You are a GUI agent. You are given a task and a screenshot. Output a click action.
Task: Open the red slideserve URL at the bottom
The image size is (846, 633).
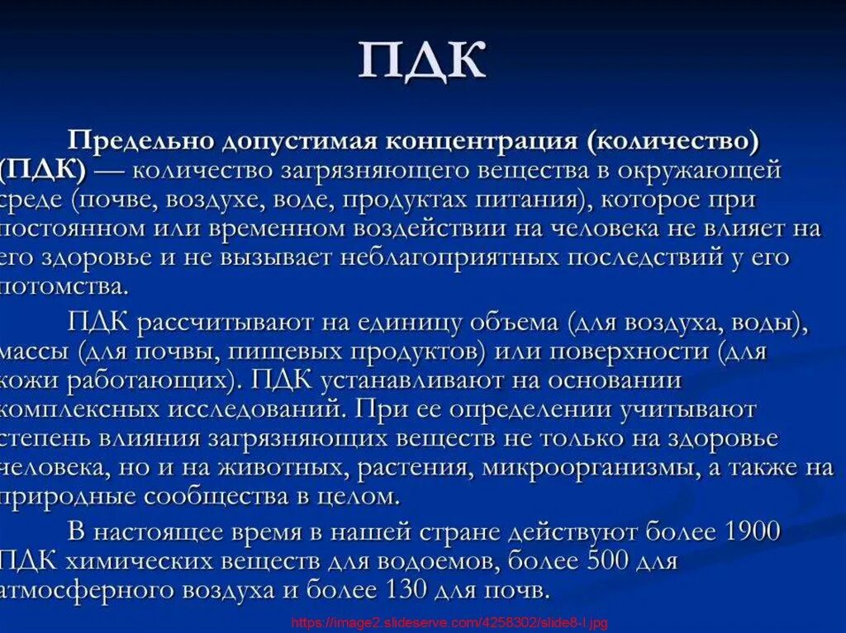449,624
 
